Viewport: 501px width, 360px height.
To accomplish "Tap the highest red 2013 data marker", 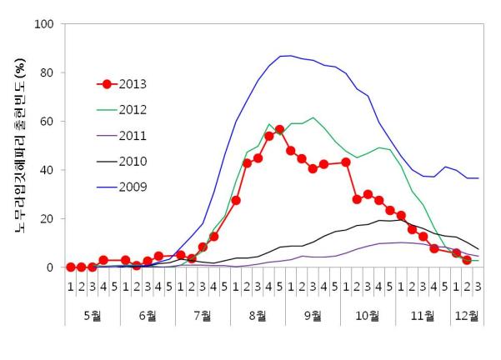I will [x=279, y=130].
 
